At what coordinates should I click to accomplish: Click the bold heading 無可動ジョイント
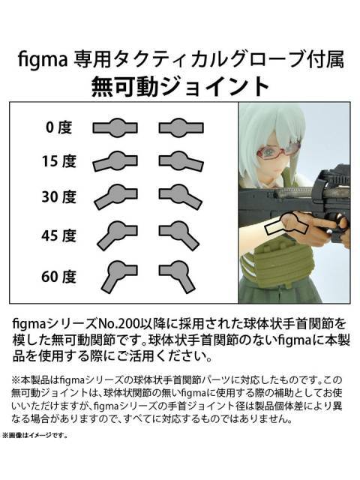pyautogui.click(x=179, y=85)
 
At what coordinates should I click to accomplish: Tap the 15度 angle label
pyautogui.click(x=58, y=161)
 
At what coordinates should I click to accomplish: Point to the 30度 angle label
pyautogui.click(x=58, y=197)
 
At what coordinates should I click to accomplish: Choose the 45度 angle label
pyautogui.click(x=58, y=234)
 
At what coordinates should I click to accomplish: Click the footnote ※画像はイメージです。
pyautogui.click(x=36, y=434)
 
